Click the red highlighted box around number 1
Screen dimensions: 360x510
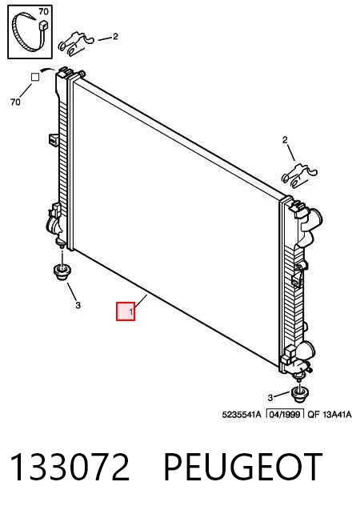[x=126, y=311]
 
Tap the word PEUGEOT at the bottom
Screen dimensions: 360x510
[x=243, y=467]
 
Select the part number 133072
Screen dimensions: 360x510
[x=70, y=467]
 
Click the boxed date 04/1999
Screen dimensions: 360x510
[x=286, y=415]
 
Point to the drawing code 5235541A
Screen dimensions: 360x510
[x=242, y=415]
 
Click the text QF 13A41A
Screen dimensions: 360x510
[x=330, y=415]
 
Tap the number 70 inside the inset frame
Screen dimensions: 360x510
[x=43, y=12]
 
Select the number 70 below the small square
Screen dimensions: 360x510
[x=15, y=102]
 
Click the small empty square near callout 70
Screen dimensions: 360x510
[x=35, y=77]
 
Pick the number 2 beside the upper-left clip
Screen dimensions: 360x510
[x=115, y=37]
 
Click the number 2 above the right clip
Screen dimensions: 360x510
[x=285, y=140]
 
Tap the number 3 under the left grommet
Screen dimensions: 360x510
[x=78, y=305]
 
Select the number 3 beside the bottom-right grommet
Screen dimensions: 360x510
[x=270, y=397]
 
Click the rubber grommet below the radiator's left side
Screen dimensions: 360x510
[x=62, y=273]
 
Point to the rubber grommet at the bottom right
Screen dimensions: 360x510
[x=300, y=394]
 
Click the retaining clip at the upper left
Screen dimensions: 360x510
[x=76, y=42]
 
